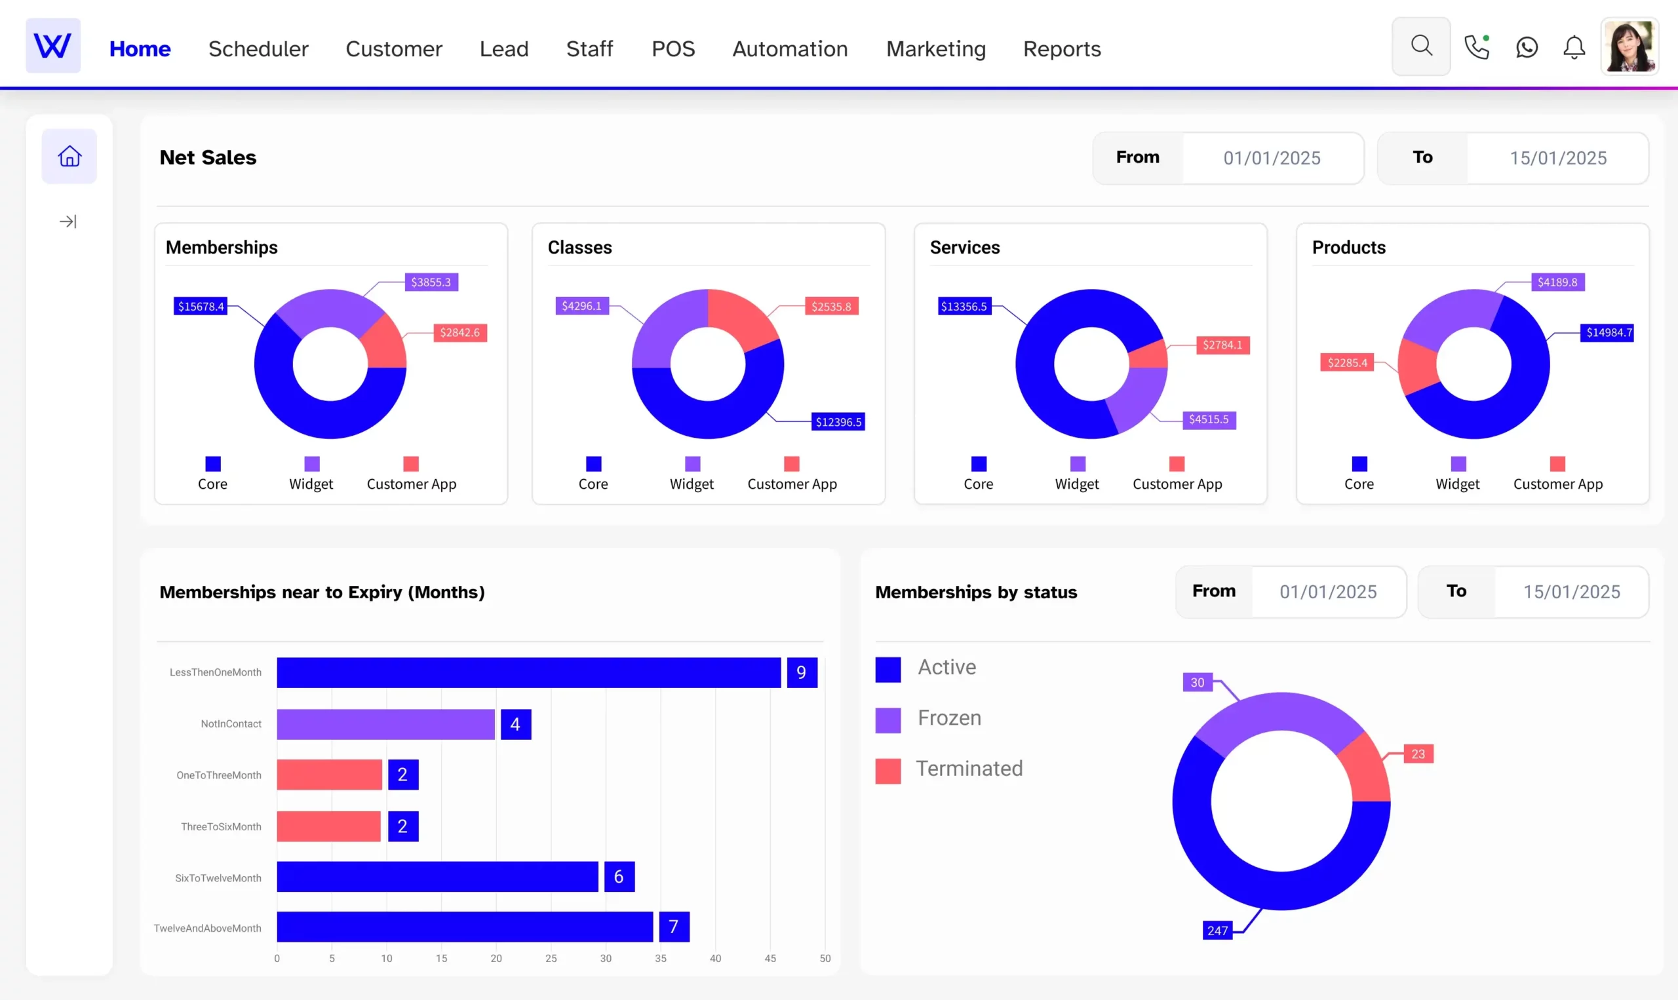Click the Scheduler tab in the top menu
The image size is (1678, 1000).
(x=258, y=48)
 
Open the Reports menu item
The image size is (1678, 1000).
(x=1061, y=48)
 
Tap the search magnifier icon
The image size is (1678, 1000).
(x=1420, y=47)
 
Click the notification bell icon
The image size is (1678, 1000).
(x=1574, y=47)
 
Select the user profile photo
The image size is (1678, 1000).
(x=1629, y=47)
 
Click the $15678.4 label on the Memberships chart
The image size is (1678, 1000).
(x=201, y=307)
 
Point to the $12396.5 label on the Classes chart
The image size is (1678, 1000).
(x=838, y=422)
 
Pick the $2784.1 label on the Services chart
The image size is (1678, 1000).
(x=1222, y=345)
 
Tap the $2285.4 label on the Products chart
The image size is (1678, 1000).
(x=1347, y=362)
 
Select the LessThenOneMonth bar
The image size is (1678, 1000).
(x=528, y=672)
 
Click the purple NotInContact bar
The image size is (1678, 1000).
(x=385, y=724)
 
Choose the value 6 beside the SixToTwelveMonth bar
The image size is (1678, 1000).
(x=619, y=877)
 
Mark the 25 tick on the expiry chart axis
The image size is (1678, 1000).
(x=551, y=958)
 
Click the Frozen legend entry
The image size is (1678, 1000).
(x=948, y=718)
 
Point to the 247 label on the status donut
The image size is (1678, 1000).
(x=1217, y=931)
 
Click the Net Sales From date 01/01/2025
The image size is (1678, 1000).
(x=1272, y=159)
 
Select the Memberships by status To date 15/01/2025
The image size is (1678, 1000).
(x=1571, y=592)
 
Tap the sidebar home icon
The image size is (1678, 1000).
(x=69, y=157)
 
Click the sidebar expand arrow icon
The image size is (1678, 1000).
(x=68, y=221)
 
